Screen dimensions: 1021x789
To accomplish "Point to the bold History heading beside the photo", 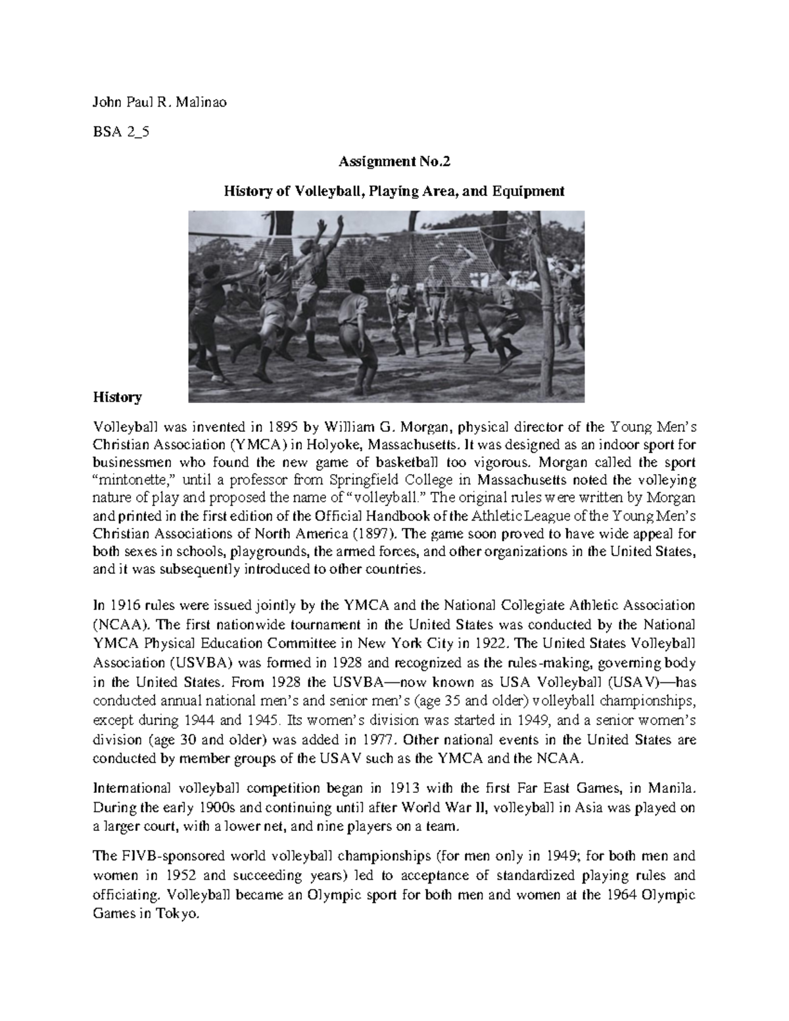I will click(x=117, y=397).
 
